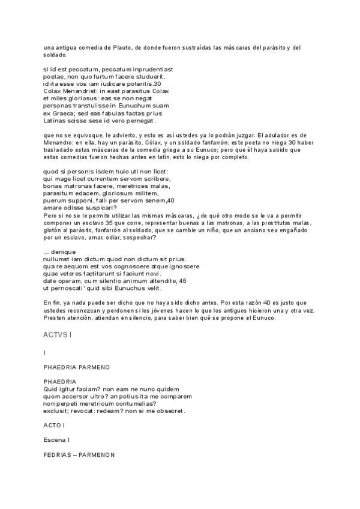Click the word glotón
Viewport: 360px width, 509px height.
(55, 229)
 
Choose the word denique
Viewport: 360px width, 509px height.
(64, 251)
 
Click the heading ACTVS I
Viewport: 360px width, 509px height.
(57, 333)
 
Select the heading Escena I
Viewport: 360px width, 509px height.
(56, 440)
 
